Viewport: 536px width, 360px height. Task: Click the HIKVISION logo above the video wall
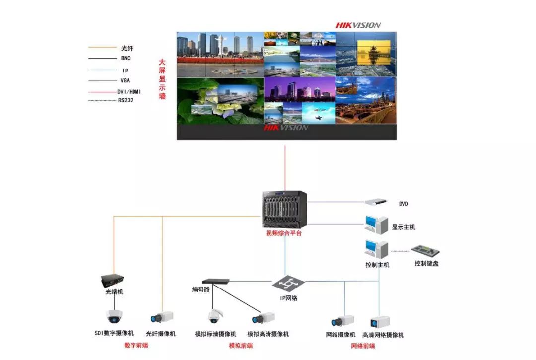coord(358,25)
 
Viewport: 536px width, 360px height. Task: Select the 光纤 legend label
coord(127,48)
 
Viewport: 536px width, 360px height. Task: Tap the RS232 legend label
coord(126,100)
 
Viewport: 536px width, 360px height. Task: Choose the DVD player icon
coord(375,202)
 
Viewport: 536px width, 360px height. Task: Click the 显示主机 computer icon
coord(376,224)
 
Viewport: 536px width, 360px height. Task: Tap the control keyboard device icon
coord(425,251)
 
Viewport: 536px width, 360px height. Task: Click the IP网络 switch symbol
coord(288,284)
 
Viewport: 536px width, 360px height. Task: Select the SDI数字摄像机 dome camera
coord(114,316)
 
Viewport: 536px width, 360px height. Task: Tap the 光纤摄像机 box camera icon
coord(162,317)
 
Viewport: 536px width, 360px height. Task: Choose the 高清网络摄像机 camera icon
coord(380,321)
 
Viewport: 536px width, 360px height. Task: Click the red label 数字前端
coord(136,345)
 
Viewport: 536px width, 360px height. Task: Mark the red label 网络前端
coord(363,346)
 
